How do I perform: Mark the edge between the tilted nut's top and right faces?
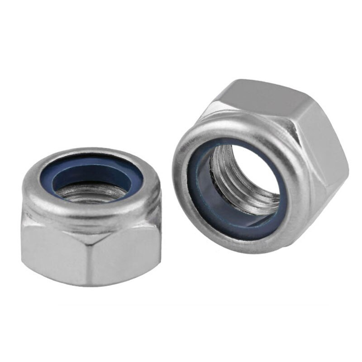[299, 106]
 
